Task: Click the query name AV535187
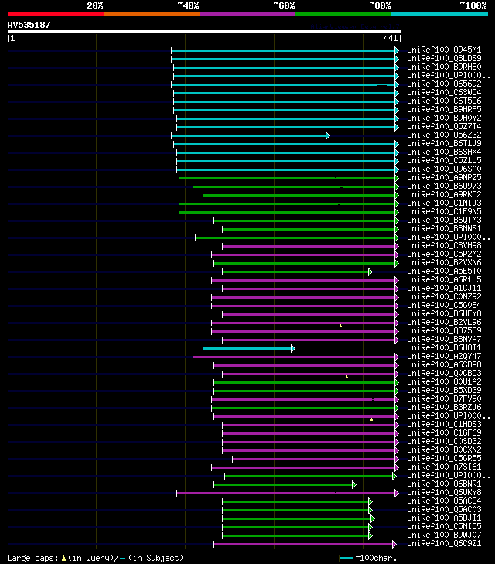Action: coord(29,25)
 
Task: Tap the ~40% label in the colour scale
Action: coord(188,5)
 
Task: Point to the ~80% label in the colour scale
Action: coord(380,5)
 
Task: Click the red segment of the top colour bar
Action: coord(55,14)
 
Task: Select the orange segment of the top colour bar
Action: coord(151,14)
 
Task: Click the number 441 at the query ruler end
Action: coord(390,38)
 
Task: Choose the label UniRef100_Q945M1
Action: coord(444,50)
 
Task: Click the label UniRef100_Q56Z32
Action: coord(444,135)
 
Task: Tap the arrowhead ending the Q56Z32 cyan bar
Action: coord(327,135)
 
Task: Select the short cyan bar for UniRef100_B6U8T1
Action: coord(247,348)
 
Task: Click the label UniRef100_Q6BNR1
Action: coord(444,484)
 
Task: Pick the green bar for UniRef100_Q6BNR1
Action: coord(283,484)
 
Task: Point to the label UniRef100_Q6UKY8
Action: coord(444,492)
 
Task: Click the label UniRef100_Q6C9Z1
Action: coord(444,543)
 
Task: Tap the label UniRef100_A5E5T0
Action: coord(444,271)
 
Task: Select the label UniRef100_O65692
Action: coord(444,84)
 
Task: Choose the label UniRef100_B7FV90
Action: coord(444,398)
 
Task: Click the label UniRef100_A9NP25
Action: coord(444,177)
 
